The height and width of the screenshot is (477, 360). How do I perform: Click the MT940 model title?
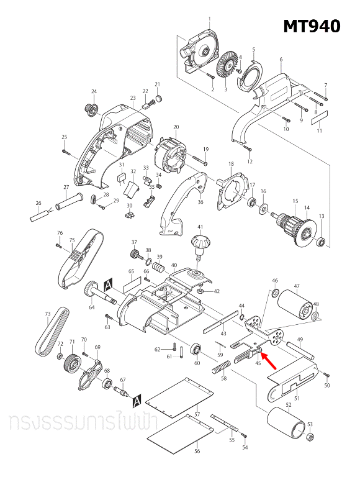click(312, 26)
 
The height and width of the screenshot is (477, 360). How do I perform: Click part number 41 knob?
click(200, 243)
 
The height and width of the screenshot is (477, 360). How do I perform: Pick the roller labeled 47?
click(295, 306)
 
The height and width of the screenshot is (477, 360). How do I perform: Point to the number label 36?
click(200, 202)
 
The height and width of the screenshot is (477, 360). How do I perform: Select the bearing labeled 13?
click(321, 241)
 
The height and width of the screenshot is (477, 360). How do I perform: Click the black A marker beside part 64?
click(108, 283)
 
